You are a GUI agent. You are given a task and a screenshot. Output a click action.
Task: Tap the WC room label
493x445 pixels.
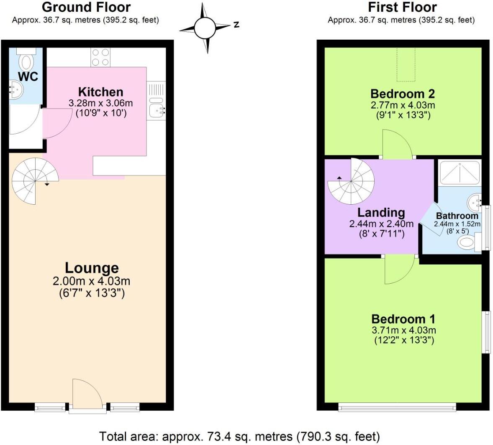28,76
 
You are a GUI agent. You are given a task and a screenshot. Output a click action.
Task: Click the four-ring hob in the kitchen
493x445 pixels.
100,57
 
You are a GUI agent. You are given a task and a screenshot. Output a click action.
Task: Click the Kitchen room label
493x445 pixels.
100,92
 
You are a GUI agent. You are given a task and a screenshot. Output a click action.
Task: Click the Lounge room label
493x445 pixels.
92,268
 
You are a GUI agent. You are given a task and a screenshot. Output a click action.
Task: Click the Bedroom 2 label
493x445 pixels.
402,94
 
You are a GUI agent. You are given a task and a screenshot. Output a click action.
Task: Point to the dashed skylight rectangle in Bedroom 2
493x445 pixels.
406,64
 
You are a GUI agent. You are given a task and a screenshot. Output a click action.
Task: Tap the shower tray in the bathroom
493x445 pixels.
460,173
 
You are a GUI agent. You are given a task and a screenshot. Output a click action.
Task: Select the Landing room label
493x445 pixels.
381,213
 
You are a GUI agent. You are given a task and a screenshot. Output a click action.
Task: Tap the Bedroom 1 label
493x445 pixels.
403,319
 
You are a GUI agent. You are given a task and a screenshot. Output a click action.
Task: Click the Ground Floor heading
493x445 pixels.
86,7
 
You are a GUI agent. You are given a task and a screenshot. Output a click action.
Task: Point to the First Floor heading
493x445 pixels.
402,7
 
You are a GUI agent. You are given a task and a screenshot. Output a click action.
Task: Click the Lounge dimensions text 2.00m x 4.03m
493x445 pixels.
92,281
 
